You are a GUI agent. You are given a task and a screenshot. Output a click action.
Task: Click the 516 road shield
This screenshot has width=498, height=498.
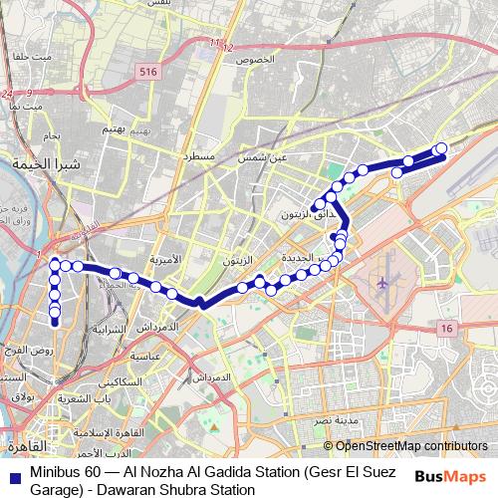pos(149,72)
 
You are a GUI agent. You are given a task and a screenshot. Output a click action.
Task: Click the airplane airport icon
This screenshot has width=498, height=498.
pos(381,282)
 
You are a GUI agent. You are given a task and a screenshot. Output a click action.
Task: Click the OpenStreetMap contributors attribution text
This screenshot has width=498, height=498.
pos(409,446)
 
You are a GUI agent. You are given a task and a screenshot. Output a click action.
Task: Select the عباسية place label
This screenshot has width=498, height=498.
pos(146,356)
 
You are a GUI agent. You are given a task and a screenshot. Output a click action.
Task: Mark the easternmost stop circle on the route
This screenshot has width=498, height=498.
pos(441,149)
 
